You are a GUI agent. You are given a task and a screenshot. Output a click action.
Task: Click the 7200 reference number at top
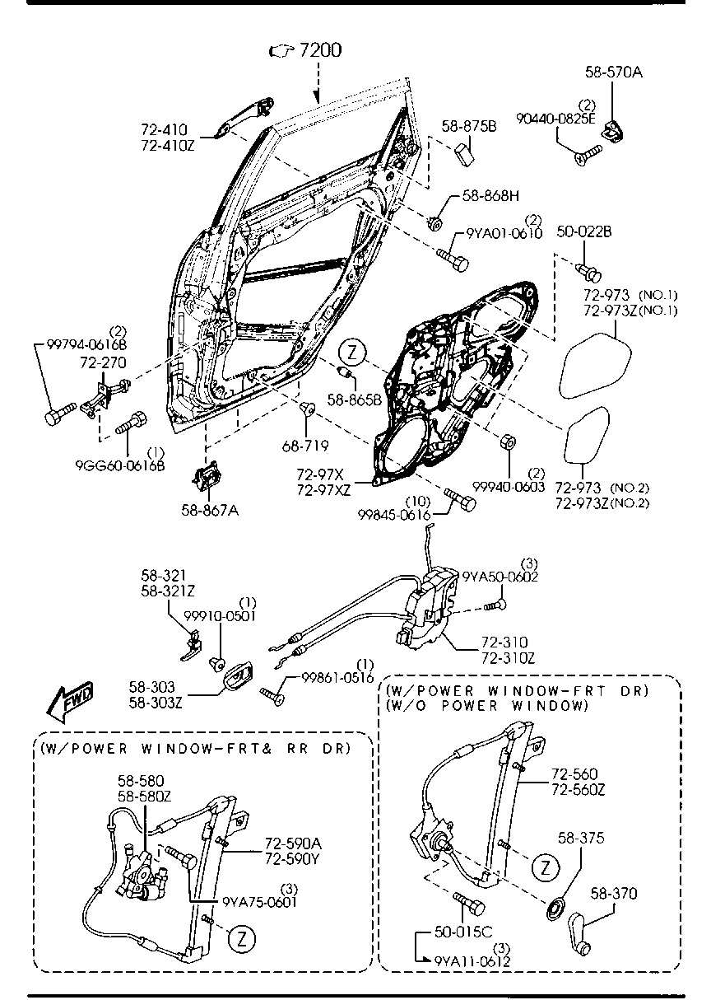(x=319, y=51)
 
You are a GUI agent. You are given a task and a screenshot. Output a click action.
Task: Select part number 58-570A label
(x=613, y=72)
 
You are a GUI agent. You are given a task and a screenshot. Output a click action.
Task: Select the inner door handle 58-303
(x=236, y=679)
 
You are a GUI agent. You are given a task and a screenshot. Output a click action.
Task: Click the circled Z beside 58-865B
(x=351, y=352)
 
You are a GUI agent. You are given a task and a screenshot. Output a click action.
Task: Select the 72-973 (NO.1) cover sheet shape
(x=596, y=362)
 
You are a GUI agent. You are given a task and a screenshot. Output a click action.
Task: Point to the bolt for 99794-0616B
(x=59, y=414)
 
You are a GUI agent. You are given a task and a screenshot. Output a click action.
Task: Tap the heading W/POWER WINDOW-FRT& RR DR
(x=196, y=748)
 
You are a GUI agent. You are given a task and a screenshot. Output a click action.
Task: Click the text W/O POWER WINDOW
(x=487, y=707)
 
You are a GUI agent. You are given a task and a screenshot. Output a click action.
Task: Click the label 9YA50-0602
(x=500, y=577)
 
